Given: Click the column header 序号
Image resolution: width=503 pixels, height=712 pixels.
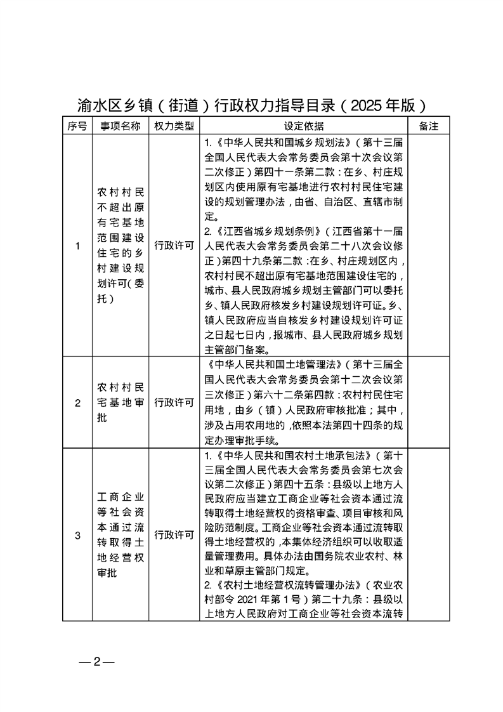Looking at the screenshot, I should pyautogui.click(x=77, y=126).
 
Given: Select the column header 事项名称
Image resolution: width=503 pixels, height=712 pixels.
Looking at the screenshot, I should pyautogui.click(x=121, y=126).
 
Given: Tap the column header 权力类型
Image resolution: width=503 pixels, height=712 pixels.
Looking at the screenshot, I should pyautogui.click(x=174, y=126).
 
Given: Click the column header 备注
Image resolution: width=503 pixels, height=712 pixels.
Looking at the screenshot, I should pyautogui.click(x=429, y=126).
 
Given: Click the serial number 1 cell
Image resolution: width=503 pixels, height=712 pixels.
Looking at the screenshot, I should pyautogui.click(x=77, y=246).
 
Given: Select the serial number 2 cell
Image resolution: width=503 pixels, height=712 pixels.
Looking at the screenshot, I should pyautogui.click(x=77, y=402).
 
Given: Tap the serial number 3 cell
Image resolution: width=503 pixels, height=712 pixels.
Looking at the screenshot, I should pyautogui.click(x=77, y=535).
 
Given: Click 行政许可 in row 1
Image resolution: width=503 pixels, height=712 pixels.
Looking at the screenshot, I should pyautogui.click(x=174, y=246).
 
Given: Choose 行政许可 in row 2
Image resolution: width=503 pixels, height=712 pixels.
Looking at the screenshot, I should pyautogui.click(x=174, y=402).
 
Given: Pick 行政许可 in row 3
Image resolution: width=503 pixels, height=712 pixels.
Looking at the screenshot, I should pyautogui.click(x=174, y=535).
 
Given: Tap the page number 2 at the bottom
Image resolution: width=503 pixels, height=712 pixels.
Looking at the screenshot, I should pyautogui.click(x=97, y=663).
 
